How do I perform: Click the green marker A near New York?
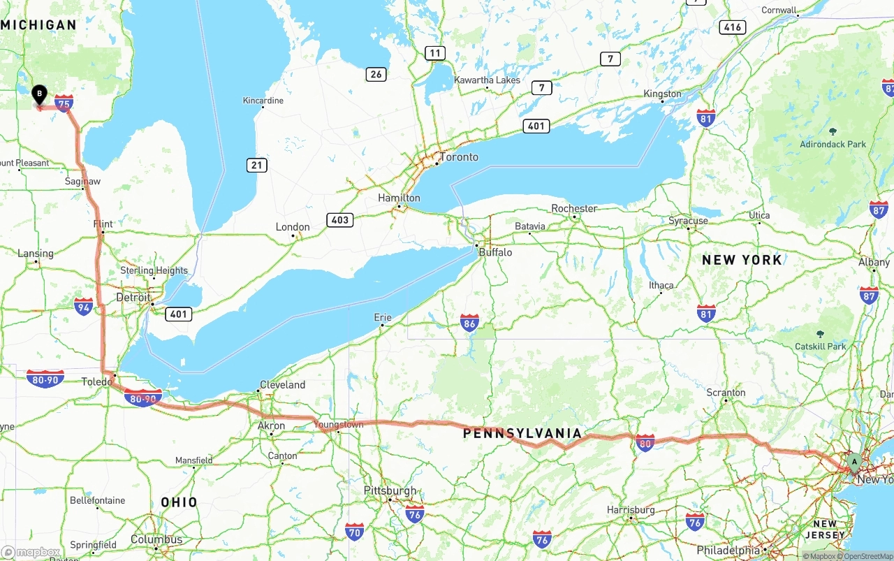pos(853,461)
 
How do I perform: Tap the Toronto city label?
pos(459,156)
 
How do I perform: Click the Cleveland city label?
pos(282,385)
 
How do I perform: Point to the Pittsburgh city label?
pos(390,490)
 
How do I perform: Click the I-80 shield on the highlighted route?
pos(645,442)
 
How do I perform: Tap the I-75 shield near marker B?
pos(64,104)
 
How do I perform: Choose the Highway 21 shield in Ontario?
pos(256,166)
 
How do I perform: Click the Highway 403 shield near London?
pos(339,220)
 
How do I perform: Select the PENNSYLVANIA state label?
pos(522,434)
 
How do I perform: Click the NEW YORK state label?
pos(742,260)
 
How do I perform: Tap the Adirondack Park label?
pos(833,145)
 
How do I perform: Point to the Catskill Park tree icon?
pos(821,334)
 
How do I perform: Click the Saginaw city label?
pos(82,181)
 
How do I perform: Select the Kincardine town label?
pos(263,101)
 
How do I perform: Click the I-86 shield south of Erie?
pos(469,323)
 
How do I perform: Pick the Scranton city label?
pos(726,393)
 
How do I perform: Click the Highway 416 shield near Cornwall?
pos(732,27)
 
